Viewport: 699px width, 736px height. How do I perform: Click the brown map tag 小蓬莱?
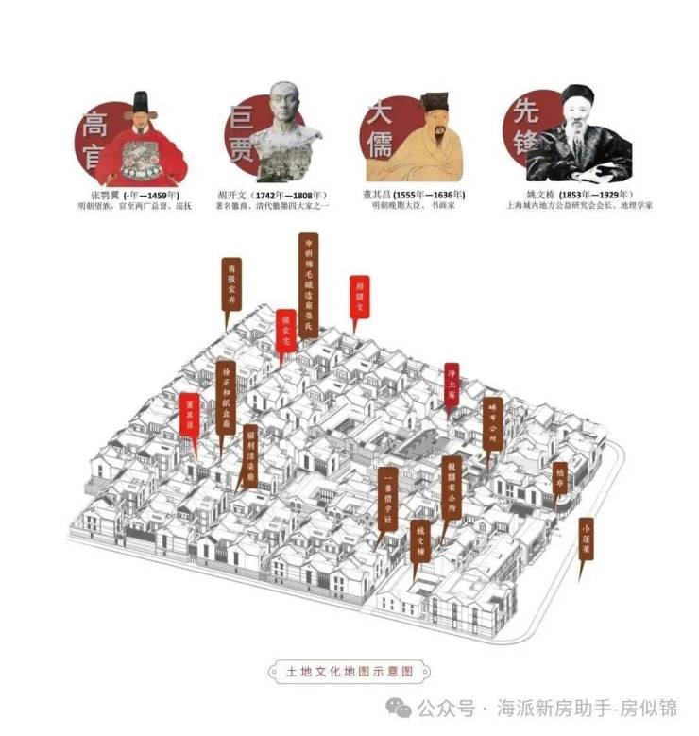[x=587, y=539]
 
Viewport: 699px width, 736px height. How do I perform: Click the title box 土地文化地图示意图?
[x=349, y=673]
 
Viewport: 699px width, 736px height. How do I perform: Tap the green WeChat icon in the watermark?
[x=403, y=709]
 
